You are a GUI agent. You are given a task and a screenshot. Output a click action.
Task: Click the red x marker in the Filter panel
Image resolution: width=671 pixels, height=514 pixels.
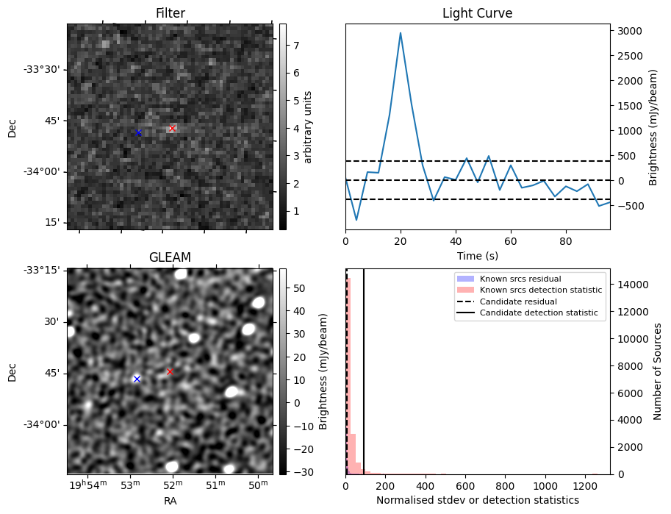pos(172,129)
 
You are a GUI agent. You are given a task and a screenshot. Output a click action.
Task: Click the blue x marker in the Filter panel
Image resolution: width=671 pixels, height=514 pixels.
pos(138,133)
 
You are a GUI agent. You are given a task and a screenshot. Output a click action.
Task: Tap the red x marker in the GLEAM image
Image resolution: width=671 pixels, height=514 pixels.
pos(170,372)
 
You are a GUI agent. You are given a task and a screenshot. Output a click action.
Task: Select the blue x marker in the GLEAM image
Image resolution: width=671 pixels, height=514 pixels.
pos(137,379)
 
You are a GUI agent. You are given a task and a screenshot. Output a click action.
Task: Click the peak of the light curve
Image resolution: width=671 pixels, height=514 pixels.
pos(401,33)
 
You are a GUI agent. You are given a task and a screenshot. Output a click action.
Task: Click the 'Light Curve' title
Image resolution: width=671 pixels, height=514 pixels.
pos(477,13)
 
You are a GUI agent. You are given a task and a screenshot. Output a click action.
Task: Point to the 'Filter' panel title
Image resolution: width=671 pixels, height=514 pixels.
pos(171,13)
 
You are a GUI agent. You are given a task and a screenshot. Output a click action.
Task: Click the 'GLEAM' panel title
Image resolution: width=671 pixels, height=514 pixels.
pos(171,257)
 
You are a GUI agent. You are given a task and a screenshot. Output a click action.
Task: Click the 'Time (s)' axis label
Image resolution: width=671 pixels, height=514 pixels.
pos(477,255)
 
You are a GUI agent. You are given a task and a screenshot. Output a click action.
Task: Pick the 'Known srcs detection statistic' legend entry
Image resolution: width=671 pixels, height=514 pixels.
pos(540,290)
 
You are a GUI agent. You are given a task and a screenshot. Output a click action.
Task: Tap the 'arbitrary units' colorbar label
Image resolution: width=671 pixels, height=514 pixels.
pos(308,126)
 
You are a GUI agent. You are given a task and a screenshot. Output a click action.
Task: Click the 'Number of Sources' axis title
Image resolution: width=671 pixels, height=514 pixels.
pos(658,371)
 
